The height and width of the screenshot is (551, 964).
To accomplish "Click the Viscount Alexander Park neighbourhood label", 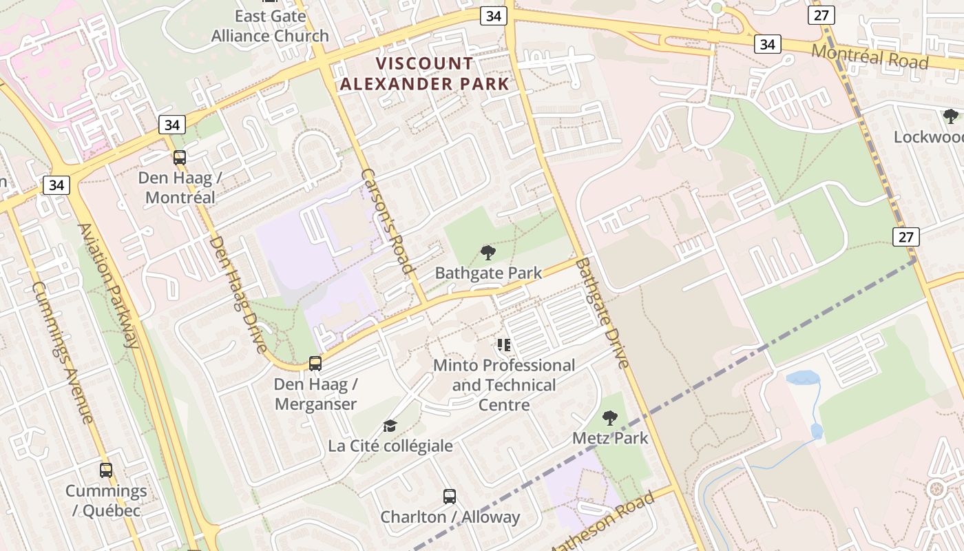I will pos(425,74).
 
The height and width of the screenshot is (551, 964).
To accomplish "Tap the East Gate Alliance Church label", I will pos(270,26).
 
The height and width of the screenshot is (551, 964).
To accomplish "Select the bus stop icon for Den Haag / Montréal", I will pos(180,158).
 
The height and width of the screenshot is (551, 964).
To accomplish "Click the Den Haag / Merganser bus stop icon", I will pos(315,363).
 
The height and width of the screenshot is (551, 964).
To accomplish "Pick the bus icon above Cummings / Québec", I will pos(106,470).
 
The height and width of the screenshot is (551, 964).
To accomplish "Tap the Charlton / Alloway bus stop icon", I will pos(450,496).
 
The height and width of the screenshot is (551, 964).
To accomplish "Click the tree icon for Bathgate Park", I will pos(488,253).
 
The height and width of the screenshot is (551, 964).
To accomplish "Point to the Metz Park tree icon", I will pos(609,417).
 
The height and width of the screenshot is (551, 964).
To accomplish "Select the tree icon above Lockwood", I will pos(951,116).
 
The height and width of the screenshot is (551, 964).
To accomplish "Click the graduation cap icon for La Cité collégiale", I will pos(390,426).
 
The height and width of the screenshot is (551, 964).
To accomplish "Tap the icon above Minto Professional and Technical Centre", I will pos(504,345).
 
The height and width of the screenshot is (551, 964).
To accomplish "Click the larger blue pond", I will pos(803,378).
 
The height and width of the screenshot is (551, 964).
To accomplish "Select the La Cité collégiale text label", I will pos(390,446).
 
